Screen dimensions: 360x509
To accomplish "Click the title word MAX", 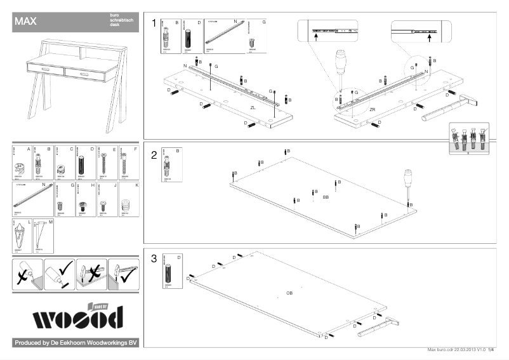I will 25,21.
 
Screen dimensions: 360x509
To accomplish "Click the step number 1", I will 154,23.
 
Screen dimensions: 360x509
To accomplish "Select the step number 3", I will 154,259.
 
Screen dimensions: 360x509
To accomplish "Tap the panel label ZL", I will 253,109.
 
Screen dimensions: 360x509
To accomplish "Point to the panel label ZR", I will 373,110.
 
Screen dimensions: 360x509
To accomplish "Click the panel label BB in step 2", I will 326,197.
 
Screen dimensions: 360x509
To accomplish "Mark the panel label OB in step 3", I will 289,293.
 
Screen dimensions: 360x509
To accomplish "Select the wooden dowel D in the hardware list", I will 81,166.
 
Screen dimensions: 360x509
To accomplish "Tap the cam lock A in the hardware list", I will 20,168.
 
